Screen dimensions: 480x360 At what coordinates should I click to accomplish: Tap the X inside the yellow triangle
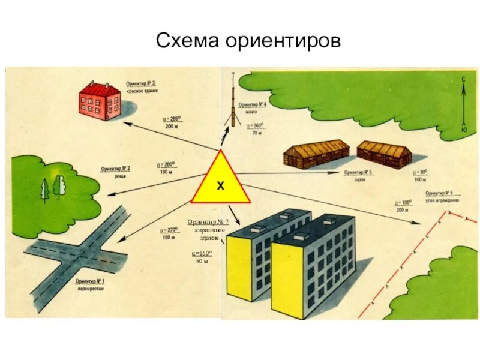(220, 187)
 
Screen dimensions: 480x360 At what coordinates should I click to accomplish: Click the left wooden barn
(316, 155)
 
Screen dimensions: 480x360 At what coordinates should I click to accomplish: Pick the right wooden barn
(384, 154)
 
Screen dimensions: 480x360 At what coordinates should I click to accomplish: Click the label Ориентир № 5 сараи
(358, 175)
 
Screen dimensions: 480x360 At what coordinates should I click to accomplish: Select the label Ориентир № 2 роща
(115, 172)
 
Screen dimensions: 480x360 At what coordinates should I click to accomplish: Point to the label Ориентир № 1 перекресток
(91, 284)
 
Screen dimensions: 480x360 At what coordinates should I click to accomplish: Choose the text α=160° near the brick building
(202, 254)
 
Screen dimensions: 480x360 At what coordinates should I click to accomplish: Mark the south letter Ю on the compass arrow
(464, 130)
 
